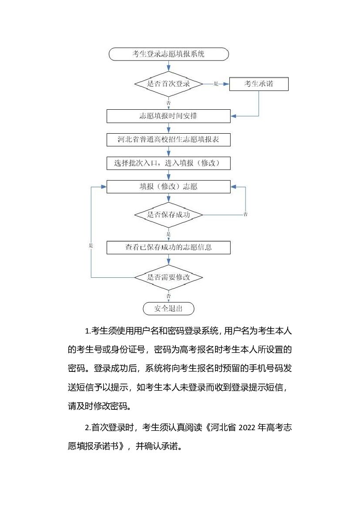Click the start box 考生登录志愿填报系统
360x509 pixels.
[168, 54]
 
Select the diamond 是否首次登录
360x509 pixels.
[168, 84]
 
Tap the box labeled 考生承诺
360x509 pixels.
[259, 84]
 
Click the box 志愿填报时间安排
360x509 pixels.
[168, 116]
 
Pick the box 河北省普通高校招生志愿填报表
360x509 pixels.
[168, 140]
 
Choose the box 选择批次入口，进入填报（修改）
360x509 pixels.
[168, 163]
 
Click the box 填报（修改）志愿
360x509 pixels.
[168, 187]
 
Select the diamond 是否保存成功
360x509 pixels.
[168, 215]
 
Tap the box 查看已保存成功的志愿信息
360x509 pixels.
[168, 247]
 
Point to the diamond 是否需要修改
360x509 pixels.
[168, 277]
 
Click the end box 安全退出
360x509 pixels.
[168, 309]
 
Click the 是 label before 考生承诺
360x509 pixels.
[216, 84]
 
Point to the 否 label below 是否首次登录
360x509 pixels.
[168, 103]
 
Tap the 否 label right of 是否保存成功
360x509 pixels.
[246, 214]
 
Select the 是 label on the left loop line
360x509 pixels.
[91, 246]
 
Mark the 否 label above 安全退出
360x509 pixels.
[168, 296]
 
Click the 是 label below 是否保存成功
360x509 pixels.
[168, 234]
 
